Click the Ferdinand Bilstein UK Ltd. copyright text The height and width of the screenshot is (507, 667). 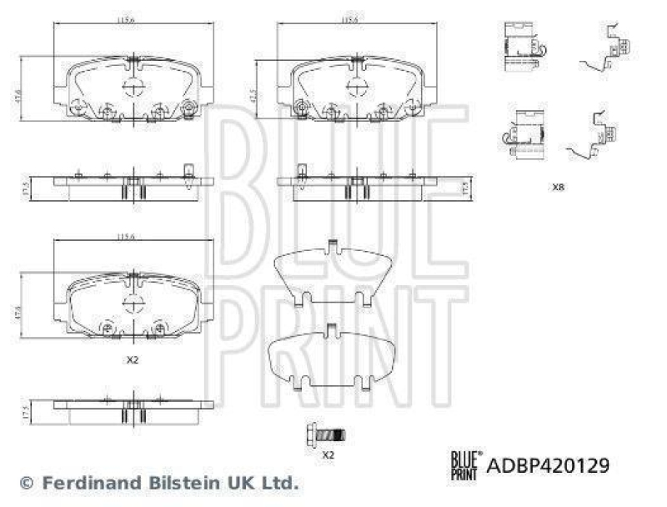[158, 482]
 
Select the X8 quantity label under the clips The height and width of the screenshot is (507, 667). [558, 188]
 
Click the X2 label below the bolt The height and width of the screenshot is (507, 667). [328, 454]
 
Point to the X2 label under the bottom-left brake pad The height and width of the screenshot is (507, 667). [131, 360]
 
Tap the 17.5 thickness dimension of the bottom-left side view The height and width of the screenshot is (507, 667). [27, 411]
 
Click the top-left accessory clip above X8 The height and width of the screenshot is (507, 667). [522, 42]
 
